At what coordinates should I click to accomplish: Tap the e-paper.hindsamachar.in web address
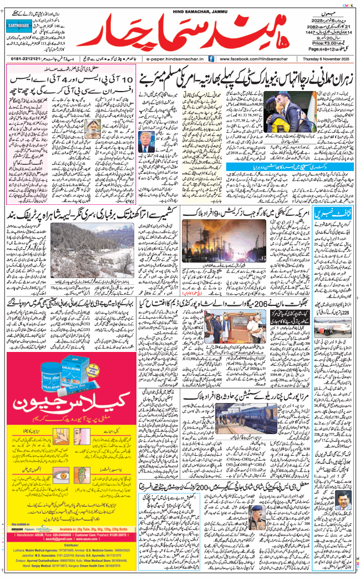[x=175, y=58]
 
